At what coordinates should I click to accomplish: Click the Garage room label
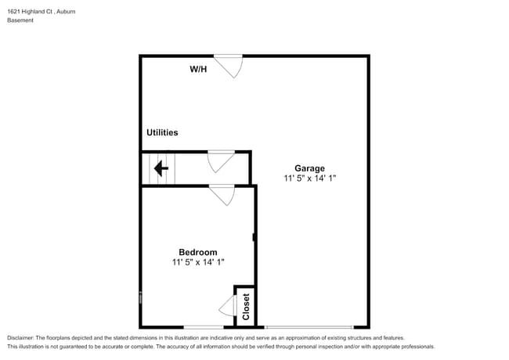(309, 167)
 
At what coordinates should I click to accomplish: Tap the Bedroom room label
(197, 252)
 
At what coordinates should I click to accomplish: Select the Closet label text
(245, 306)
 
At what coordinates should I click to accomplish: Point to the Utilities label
(162, 133)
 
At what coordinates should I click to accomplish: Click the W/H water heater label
(199, 70)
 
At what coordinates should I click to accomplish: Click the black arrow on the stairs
(161, 168)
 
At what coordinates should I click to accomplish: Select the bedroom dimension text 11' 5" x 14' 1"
(198, 263)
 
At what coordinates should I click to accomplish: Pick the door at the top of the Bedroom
(222, 193)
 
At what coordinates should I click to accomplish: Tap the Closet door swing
(228, 306)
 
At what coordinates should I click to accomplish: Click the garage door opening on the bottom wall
(309, 327)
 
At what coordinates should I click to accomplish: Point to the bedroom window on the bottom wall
(204, 327)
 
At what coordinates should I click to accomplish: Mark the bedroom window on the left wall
(141, 297)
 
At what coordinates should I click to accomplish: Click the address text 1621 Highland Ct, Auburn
(36, 12)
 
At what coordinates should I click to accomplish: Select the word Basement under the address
(20, 20)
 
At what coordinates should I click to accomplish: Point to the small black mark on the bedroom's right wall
(254, 237)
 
